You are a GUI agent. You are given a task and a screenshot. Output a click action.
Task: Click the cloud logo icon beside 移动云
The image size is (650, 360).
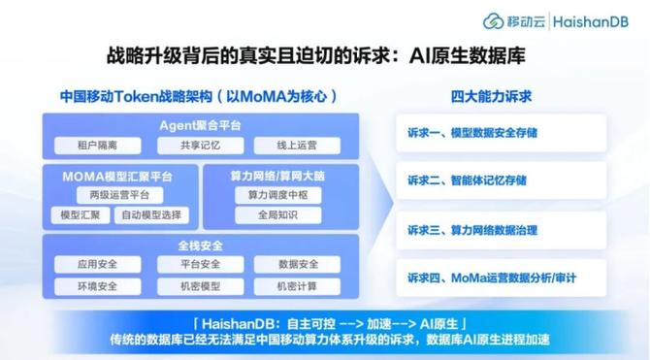[x=493, y=21]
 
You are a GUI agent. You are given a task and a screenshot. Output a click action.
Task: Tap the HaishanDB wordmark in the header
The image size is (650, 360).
[x=591, y=21]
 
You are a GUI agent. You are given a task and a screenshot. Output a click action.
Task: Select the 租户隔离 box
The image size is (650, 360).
[x=97, y=146]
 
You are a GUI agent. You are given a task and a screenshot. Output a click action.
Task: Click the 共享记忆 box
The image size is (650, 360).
[x=200, y=146]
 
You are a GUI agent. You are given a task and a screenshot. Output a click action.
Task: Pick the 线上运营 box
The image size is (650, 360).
[x=297, y=146]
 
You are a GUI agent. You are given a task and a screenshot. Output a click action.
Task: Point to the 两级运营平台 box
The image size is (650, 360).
[x=119, y=195]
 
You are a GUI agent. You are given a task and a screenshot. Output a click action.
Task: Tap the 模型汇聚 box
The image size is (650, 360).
[x=81, y=215]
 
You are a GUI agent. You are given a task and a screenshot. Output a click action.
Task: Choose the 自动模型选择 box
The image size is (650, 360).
[x=151, y=215]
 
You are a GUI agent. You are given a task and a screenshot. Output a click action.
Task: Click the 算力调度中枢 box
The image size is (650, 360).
[x=278, y=195]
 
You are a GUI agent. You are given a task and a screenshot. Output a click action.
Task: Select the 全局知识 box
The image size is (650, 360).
[x=278, y=215]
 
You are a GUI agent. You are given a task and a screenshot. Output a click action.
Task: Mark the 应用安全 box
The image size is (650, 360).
[x=97, y=264]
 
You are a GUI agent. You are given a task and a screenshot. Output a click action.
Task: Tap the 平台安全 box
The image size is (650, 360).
[x=200, y=264]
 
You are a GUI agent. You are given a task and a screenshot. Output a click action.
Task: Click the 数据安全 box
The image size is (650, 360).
[x=297, y=264]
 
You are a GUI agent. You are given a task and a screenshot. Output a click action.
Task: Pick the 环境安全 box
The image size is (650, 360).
[x=97, y=286]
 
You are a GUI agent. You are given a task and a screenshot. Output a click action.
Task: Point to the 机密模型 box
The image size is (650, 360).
[x=200, y=286]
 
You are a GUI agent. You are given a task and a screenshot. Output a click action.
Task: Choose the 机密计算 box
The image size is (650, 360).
[x=297, y=286]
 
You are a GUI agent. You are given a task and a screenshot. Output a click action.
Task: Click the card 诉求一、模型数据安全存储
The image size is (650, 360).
[x=502, y=133]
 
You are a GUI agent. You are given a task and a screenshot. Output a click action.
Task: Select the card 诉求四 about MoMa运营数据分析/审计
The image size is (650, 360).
[x=502, y=278]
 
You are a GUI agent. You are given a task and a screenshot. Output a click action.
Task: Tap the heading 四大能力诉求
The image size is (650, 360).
[x=491, y=97]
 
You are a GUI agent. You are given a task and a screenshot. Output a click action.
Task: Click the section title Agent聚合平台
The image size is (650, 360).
[x=200, y=125]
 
